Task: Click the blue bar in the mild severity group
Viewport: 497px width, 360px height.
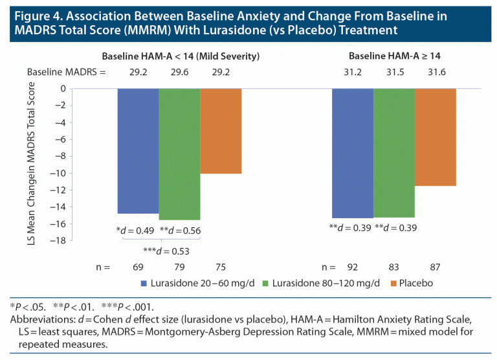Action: click(138, 151)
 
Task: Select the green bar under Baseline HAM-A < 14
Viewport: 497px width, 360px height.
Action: click(179, 154)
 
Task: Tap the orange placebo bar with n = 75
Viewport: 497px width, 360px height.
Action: click(221, 131)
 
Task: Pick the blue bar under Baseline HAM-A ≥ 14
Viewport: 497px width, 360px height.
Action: click(353, 153)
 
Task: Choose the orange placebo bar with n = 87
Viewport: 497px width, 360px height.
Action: click(436, 137)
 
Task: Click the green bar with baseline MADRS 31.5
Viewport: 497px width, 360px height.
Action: click(394, 153)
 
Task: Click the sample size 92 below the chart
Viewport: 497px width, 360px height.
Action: click(353, 267)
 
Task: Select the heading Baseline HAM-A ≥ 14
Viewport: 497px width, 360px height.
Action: click(393, 57)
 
